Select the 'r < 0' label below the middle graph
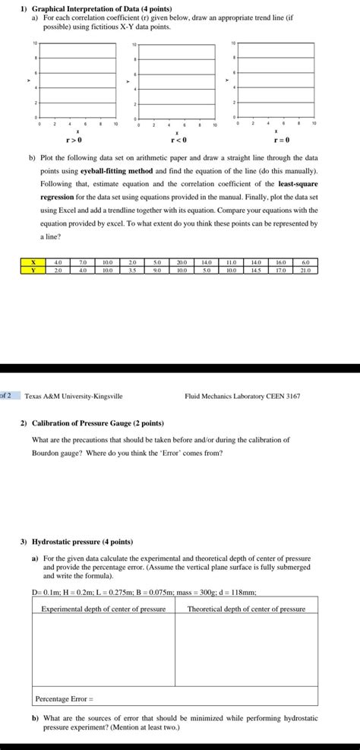coord(176,141)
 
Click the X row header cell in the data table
coord(32,262)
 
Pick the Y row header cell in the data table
coord(32,269)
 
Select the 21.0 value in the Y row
coord(307,269)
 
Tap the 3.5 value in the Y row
coord(133,269)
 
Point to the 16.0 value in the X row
coord(282,262)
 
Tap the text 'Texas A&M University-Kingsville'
coord(74,396)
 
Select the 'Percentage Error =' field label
coord(65,698)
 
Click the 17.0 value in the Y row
coord(282,269)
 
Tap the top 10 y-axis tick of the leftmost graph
coord(35,43)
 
